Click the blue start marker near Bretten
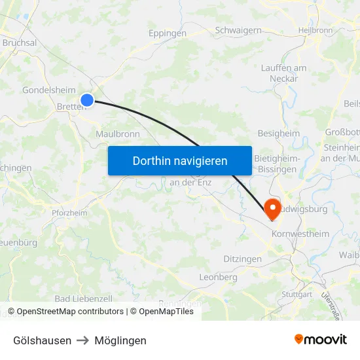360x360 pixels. [x=87, y=100]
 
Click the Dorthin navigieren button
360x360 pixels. [x=180, y=160]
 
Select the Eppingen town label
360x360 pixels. [x=167, y=33]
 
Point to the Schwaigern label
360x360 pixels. [x=238, y=30]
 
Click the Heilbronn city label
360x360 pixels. [x=315, y=30]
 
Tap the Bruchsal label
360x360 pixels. [x=19, y=43]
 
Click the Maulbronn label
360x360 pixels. [x=118, y=134]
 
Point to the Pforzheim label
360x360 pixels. [x=69, y=213]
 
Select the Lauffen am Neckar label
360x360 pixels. [x=283, y=73]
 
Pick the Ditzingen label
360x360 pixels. [x=242, y=259]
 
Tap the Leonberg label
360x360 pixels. [x=217, y=277]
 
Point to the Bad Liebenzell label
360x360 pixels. [x=81, y=298]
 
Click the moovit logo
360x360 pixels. [x=320, y=340]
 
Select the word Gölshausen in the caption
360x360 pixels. [x=43, y=340]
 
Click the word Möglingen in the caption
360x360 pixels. [x=120, y=340]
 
